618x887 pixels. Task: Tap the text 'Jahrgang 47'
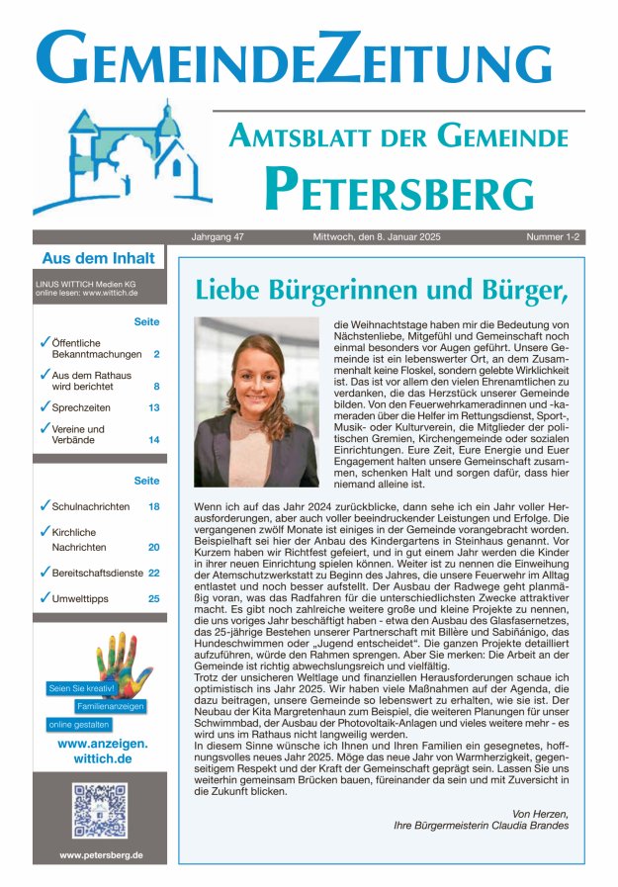220,237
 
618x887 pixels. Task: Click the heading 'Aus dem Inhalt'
98,259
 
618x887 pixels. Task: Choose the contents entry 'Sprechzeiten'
81,407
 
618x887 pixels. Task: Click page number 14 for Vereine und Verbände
154,439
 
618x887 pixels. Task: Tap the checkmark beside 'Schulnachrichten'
44,505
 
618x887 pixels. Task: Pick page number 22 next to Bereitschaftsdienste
154,572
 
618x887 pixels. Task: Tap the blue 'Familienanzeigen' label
112,706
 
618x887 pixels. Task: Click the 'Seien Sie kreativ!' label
82,687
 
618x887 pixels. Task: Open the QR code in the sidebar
100,811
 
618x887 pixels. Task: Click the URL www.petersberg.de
100,854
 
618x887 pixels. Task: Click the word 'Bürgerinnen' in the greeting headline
326,290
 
